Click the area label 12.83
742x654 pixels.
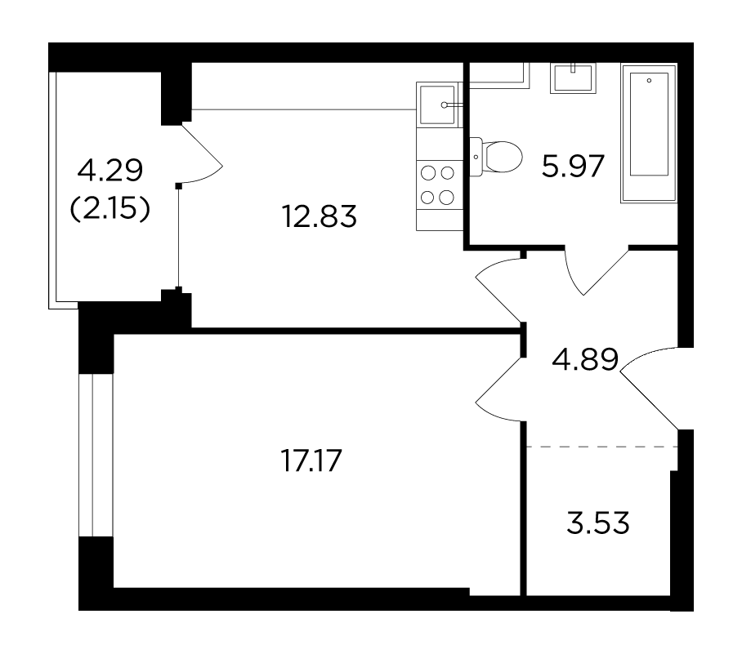(x=319, y=216)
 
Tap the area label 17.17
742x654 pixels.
(x=311, y=460)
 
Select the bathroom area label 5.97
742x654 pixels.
(x=573, y=166)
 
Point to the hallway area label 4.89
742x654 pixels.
(x=585, y=359)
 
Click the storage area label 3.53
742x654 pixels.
(x=597, y=523)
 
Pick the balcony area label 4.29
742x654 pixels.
(x=110, y=171)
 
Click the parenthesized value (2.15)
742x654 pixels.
(x=110, y=208)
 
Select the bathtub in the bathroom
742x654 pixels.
(x=649, y=133)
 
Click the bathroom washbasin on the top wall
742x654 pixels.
(x=573, y=78)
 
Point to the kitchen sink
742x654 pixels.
(x=438, y=105)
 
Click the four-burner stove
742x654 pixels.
(x=439, y=185)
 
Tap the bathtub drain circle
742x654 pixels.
(x=649, y=80)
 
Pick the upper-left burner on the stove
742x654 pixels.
(x=427, y=174)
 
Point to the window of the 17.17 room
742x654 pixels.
(x=96, y=455)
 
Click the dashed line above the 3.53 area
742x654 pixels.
(x=602, y=447)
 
